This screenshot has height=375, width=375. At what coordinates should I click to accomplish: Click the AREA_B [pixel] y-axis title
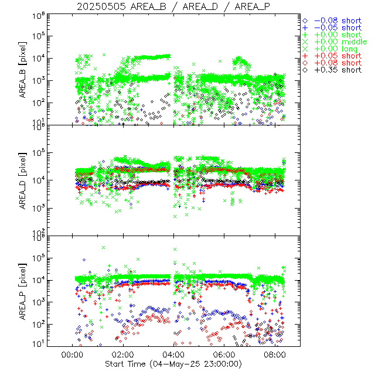tap(25, 70)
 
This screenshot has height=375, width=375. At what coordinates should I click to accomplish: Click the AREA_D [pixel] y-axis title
tap(25, 182)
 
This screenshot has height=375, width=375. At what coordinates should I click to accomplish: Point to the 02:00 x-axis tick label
tap(123, 355)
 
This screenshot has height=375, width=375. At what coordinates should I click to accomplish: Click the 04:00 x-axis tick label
tap(174, 355)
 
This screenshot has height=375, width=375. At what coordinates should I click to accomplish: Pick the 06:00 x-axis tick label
tap(225, 355)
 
